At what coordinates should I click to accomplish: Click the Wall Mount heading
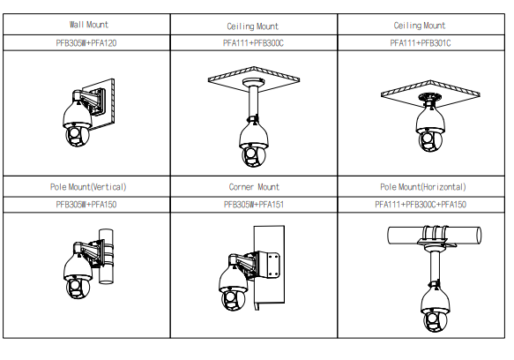point(88,25)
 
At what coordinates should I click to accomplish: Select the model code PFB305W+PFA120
point(86,43)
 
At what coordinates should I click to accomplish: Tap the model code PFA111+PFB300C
point(253,43)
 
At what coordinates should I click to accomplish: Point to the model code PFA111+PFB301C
point(421,43)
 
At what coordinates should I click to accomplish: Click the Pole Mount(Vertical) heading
point(88,187)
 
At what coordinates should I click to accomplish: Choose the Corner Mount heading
point(254,187)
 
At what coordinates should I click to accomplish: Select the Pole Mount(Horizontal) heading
point(423,187)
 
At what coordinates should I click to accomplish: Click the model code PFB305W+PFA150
point(86,205)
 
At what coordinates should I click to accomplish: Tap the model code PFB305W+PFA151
point(254,205)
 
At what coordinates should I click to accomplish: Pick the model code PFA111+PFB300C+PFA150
point(421,205)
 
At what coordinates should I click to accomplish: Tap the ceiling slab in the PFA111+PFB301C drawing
point(430,94)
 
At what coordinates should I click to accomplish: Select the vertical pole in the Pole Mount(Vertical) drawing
point(106,256)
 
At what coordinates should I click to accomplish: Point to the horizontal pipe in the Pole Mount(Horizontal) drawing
point(435,236)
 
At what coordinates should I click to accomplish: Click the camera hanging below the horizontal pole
point(435,307)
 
